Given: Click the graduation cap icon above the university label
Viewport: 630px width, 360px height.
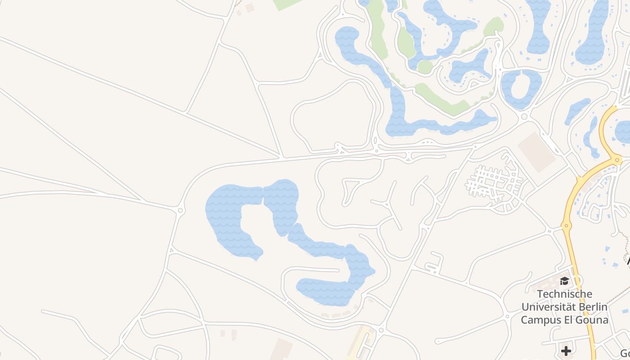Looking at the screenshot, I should pyautogui.click(x=564, y=281).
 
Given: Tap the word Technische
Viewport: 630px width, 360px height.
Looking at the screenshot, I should pyautogui.click(x=565, y=294).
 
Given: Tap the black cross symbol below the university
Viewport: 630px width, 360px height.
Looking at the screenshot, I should pyautogui.click(x=566, y=350).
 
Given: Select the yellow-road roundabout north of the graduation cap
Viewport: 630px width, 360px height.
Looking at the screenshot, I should pyautogui.click(x=566, y=225).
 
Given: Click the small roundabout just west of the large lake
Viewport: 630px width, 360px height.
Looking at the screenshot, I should pyautogui.click(x=180, y=210).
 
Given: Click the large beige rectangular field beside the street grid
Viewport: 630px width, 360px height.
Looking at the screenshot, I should pyautogui.click(x=537, y=152).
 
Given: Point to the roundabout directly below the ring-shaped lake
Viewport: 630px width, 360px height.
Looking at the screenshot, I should pyautogui.click(x=524, y=117).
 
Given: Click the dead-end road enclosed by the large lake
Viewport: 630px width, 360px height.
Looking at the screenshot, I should pyautogui.click(x=315, y=270).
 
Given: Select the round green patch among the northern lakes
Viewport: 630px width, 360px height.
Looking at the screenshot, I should pyautogui.click(x=424, y=67).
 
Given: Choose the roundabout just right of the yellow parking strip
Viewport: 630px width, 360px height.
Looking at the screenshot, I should pyautogui.click(x=381, y=331).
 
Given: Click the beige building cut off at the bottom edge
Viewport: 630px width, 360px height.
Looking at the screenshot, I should pyautogui.click(x=281, y=350).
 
